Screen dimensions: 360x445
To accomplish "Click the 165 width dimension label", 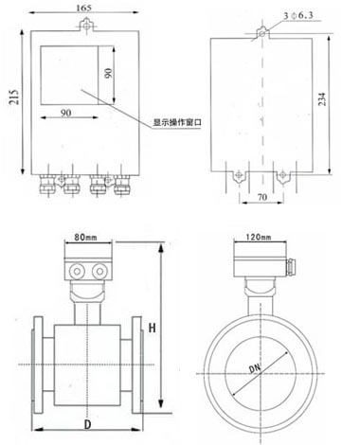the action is pyautogui.click(x=83, y=8).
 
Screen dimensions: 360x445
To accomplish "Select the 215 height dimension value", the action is pyautogui.click(x=14, y=97).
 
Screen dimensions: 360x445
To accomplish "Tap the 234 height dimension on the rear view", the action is pyautogui.click(x=321, y=99).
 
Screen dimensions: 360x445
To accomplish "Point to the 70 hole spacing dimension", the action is pyautogui.click(x=262, y=197).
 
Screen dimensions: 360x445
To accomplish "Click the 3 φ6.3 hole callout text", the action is pyautogui.click(x=298, y=15).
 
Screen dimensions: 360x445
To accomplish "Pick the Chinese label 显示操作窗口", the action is pyautogui.click(x=177, y=122).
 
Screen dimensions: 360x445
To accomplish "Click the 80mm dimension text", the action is pyautogui.click(x=85, y=237).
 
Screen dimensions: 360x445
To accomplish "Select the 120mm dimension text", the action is pyautogui.click(x=259, y=237).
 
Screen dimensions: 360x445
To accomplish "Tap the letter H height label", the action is pyautogui.click(x=153, y=328).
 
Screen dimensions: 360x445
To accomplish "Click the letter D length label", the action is pyautogui.click(x=87, y=424).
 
